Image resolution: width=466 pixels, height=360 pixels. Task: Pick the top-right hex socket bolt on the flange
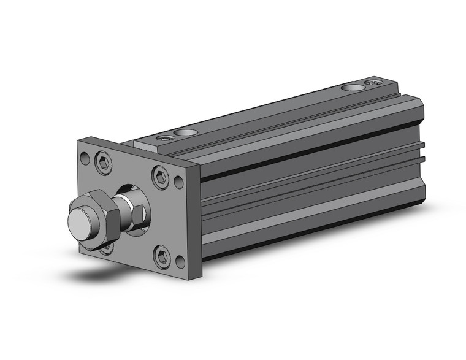(x=160, y=177)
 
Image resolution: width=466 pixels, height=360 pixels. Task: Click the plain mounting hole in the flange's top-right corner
(x=178, y=182)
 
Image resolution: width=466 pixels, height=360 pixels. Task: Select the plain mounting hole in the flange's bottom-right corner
(x=180, y=262)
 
